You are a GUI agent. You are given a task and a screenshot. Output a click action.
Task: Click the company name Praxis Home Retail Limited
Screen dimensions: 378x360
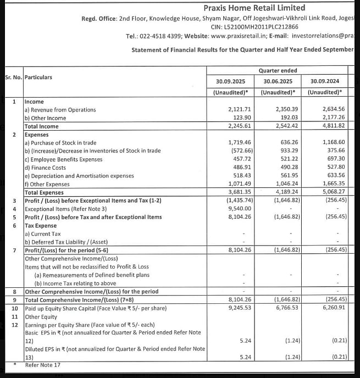pos(254,8)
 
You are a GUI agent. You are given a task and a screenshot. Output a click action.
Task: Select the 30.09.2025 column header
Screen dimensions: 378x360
pos(231,81)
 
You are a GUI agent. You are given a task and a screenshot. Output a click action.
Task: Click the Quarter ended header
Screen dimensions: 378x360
pos(278,70)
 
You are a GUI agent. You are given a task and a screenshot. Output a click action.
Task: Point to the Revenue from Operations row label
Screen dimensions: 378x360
pos(60,110)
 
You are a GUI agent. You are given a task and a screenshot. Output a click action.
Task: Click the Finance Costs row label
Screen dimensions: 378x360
pos(45,168)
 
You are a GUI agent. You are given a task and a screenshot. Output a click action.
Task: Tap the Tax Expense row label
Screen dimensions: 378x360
pos(41,225)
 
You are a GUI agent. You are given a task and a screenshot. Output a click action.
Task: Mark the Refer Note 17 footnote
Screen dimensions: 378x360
pos(43,364)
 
